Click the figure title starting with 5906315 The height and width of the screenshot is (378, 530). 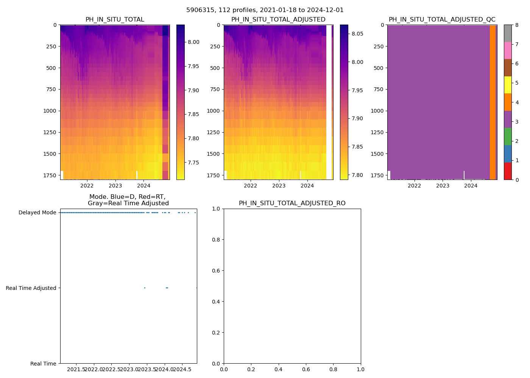point(265,10)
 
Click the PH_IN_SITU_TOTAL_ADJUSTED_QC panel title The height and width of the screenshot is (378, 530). point(442,20)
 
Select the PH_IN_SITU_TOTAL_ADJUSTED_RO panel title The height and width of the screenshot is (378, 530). point(292,203)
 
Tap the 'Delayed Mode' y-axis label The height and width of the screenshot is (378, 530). point(37,212)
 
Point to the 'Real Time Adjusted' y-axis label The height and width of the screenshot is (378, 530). point(31,288)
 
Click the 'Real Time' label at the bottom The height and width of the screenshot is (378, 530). point(43,364)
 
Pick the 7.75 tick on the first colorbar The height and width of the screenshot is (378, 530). point(193,163)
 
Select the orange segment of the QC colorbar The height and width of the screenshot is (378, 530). point(508,102)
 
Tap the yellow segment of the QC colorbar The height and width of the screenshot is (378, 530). point(508,85)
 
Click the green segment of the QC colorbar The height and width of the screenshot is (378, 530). point(508,136)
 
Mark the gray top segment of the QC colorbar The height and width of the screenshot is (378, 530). point(508,33)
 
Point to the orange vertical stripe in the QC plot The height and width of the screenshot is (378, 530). point(493,102)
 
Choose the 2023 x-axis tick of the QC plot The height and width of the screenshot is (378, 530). point(443,186)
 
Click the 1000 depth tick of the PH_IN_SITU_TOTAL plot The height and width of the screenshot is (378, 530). point(50,111)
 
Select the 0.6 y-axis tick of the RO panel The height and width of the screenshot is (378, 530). point(217,271)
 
